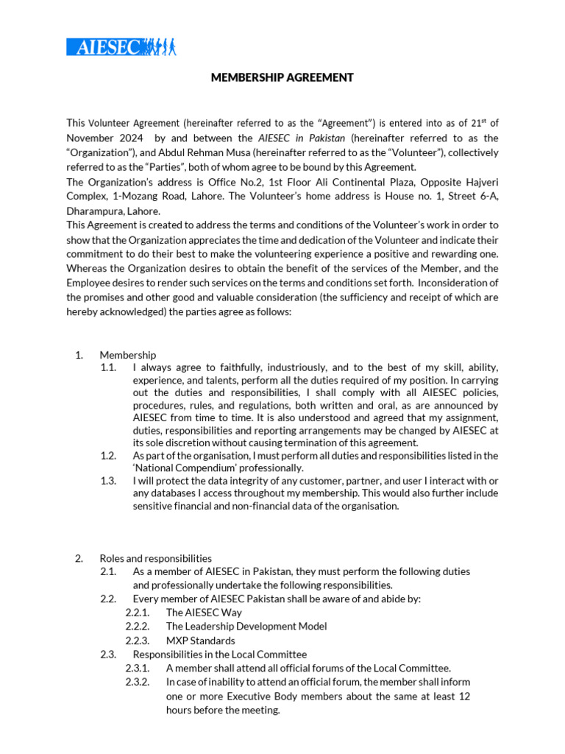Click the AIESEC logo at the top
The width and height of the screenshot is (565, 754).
tap(121, 46)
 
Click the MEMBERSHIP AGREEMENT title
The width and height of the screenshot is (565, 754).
tap(282, 77)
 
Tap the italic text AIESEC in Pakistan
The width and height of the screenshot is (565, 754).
tap(301, 138)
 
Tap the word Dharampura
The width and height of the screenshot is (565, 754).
tap(96, 211)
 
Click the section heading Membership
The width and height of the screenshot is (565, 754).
tap(127, 355)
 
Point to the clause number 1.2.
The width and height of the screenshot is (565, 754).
tap(109, 456)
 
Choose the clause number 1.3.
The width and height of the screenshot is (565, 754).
tap(109, 480)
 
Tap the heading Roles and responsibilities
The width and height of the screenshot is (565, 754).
tap(155, 558)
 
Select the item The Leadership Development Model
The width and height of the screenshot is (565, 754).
tap(246, 626)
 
